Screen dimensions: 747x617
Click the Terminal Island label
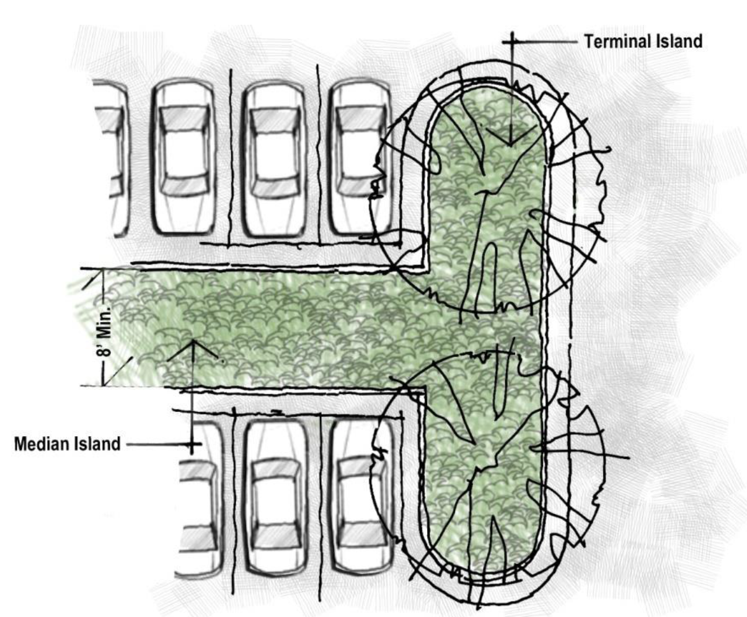pyautogui.click(x=643, y=42)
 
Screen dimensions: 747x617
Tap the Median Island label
pyautogui.click(x=67, y=444)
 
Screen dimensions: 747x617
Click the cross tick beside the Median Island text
pyautogui.click(x=193, y=444)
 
